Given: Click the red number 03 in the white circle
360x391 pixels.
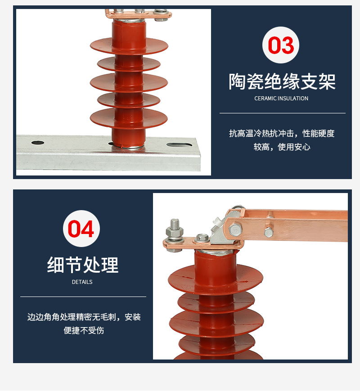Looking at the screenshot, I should (x=281, y=45).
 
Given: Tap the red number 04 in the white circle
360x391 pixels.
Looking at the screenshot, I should (x=81, y=229).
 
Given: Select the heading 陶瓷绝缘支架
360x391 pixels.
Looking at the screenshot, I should (x=282, y=81).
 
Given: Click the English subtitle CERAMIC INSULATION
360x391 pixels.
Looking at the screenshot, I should (x=281, y=99).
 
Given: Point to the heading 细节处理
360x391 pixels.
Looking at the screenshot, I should (x=83, y=265).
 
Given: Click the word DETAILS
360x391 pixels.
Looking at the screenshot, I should (x=82, y=282).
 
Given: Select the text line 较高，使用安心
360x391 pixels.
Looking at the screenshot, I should (x=282, y=147).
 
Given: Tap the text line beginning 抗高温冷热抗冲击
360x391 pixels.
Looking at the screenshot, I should (x=282, y=134).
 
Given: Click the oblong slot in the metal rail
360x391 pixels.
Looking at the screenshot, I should (x=180, y=145).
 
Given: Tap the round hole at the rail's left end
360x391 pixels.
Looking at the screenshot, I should (x=38, y=143).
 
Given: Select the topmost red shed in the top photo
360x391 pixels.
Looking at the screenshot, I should (x=129, y=45).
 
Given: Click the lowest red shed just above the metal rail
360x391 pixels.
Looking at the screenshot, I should (x=129, y=118).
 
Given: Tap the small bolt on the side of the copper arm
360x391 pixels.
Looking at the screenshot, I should (x=269, y=232).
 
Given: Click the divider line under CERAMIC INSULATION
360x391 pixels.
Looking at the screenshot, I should (x=282, y=113).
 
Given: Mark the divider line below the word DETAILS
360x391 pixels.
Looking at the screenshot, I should (x=83, y=297).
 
